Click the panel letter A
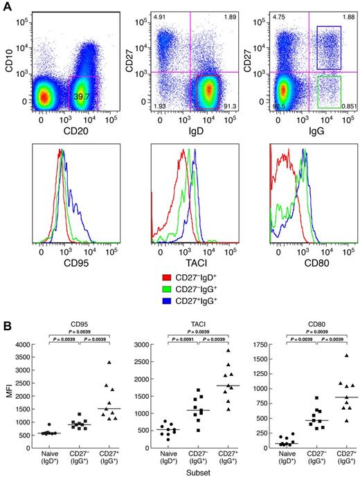6,6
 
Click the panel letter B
6,313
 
